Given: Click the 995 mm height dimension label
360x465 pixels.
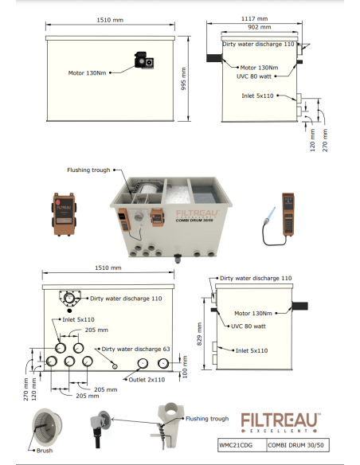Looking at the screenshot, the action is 183,79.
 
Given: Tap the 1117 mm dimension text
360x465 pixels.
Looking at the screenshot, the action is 254,18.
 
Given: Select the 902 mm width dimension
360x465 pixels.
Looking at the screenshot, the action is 260,27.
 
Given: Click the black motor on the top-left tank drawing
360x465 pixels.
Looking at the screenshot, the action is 144,61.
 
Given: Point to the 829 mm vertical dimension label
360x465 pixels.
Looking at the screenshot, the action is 199,334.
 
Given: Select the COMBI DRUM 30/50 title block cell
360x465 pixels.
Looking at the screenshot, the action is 298,445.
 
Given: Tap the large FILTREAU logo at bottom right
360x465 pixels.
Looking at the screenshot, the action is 280,422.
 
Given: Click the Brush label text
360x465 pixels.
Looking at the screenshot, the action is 45,451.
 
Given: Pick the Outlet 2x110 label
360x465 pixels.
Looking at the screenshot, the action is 147,380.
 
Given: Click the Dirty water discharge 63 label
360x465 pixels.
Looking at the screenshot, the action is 136,349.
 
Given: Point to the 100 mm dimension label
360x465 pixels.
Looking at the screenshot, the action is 185,367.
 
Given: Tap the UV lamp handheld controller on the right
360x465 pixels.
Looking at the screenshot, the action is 288,214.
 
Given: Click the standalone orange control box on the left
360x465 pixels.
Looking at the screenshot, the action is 64,214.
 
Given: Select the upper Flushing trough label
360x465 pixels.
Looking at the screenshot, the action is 88,170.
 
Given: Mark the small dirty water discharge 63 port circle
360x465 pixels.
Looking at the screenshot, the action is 115,366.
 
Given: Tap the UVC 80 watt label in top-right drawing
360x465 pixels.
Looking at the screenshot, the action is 254,76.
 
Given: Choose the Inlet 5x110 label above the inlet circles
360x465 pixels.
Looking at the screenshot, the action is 78,320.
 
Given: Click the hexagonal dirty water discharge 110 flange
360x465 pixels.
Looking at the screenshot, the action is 69,299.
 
